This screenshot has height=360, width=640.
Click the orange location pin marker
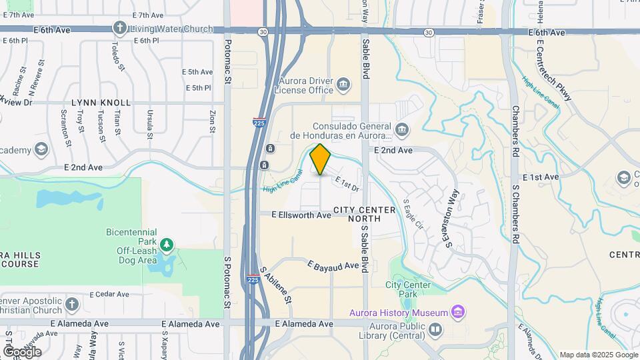(x=321, y=159)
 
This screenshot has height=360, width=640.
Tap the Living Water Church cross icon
(x=119, y=29)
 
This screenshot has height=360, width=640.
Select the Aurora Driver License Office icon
(x=343, y=83)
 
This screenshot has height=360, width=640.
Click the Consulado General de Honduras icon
(x=401, y=129)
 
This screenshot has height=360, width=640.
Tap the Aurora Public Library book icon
(x=435, y=329)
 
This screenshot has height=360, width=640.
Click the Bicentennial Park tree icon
(x=165, y=245)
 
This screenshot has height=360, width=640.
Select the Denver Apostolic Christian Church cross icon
(x=73, y=306)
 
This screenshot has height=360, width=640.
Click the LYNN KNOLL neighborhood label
(x=101, y=103)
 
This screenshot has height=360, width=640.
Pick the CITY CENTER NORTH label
(x=366, y=209)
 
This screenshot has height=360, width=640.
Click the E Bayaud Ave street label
(x=333, y=265)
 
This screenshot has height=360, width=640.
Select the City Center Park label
(x=409, y=290)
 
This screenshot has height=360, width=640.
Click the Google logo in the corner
(x=22, y=351)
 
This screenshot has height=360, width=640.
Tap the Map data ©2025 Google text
(x=599, y=355)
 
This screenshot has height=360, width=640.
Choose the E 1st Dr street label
(x=347, y=183)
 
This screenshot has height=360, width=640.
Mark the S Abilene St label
(x=276, y=285)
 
